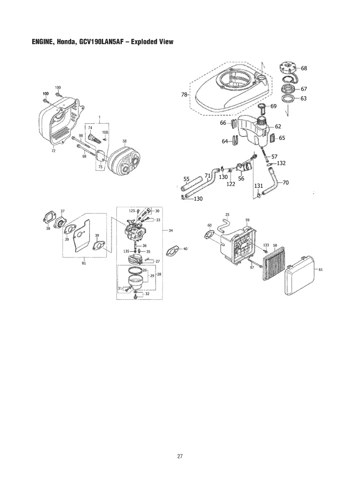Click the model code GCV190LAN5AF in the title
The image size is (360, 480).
tap(102, 42)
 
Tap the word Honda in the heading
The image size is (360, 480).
tap(65, 42)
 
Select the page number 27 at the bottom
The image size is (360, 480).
tap(180, 456)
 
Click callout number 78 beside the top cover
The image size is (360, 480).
tap(184, 95)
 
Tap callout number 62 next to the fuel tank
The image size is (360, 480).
tap(278, 126)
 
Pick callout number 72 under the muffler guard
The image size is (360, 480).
tap(53, 151)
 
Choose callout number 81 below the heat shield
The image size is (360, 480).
tap(84, 263)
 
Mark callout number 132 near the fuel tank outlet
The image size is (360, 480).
tap(281, 163)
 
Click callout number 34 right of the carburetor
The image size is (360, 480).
tap(170, 230)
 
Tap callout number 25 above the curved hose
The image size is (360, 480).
tap(227, 215)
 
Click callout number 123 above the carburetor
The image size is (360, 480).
tap(132, 211)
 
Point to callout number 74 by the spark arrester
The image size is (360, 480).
tap(90, 128)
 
